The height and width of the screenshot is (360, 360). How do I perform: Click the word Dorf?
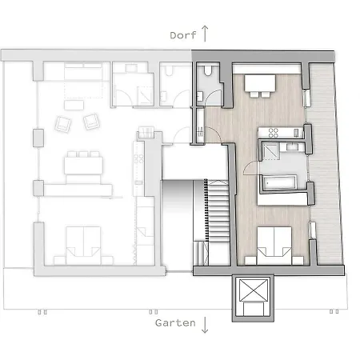(x=183, y=35)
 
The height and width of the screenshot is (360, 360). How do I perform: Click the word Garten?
(x=175, y=323)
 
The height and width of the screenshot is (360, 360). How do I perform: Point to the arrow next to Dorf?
(x=205, y=34)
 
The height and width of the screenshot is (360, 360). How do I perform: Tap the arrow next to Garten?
(x=205, y=325)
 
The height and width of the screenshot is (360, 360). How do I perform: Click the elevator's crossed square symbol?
(x=254, y=290)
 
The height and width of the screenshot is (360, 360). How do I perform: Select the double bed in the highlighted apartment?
(x=274, y=246)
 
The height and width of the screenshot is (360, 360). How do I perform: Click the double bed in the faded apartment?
(x=83, y=246)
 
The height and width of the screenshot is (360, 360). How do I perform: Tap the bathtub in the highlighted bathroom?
(x=279, y=182)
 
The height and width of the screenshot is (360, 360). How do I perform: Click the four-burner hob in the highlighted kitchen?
(x=273, y=133)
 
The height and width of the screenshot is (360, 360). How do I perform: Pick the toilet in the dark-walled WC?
(x=208, y=70)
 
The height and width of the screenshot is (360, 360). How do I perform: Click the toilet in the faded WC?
(x=169, y=70)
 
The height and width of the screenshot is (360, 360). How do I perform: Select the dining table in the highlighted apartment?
(x=260, y=83)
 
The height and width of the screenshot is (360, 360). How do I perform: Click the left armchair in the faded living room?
(x=63, y=124)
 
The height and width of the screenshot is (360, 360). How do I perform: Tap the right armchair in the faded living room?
(x=91, y=122)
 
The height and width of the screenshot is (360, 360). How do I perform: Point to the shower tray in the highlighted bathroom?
(x=270, y=151)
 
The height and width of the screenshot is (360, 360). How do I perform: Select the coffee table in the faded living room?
(x=74, y=105)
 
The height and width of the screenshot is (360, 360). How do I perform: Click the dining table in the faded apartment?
(x=83, y=166)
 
